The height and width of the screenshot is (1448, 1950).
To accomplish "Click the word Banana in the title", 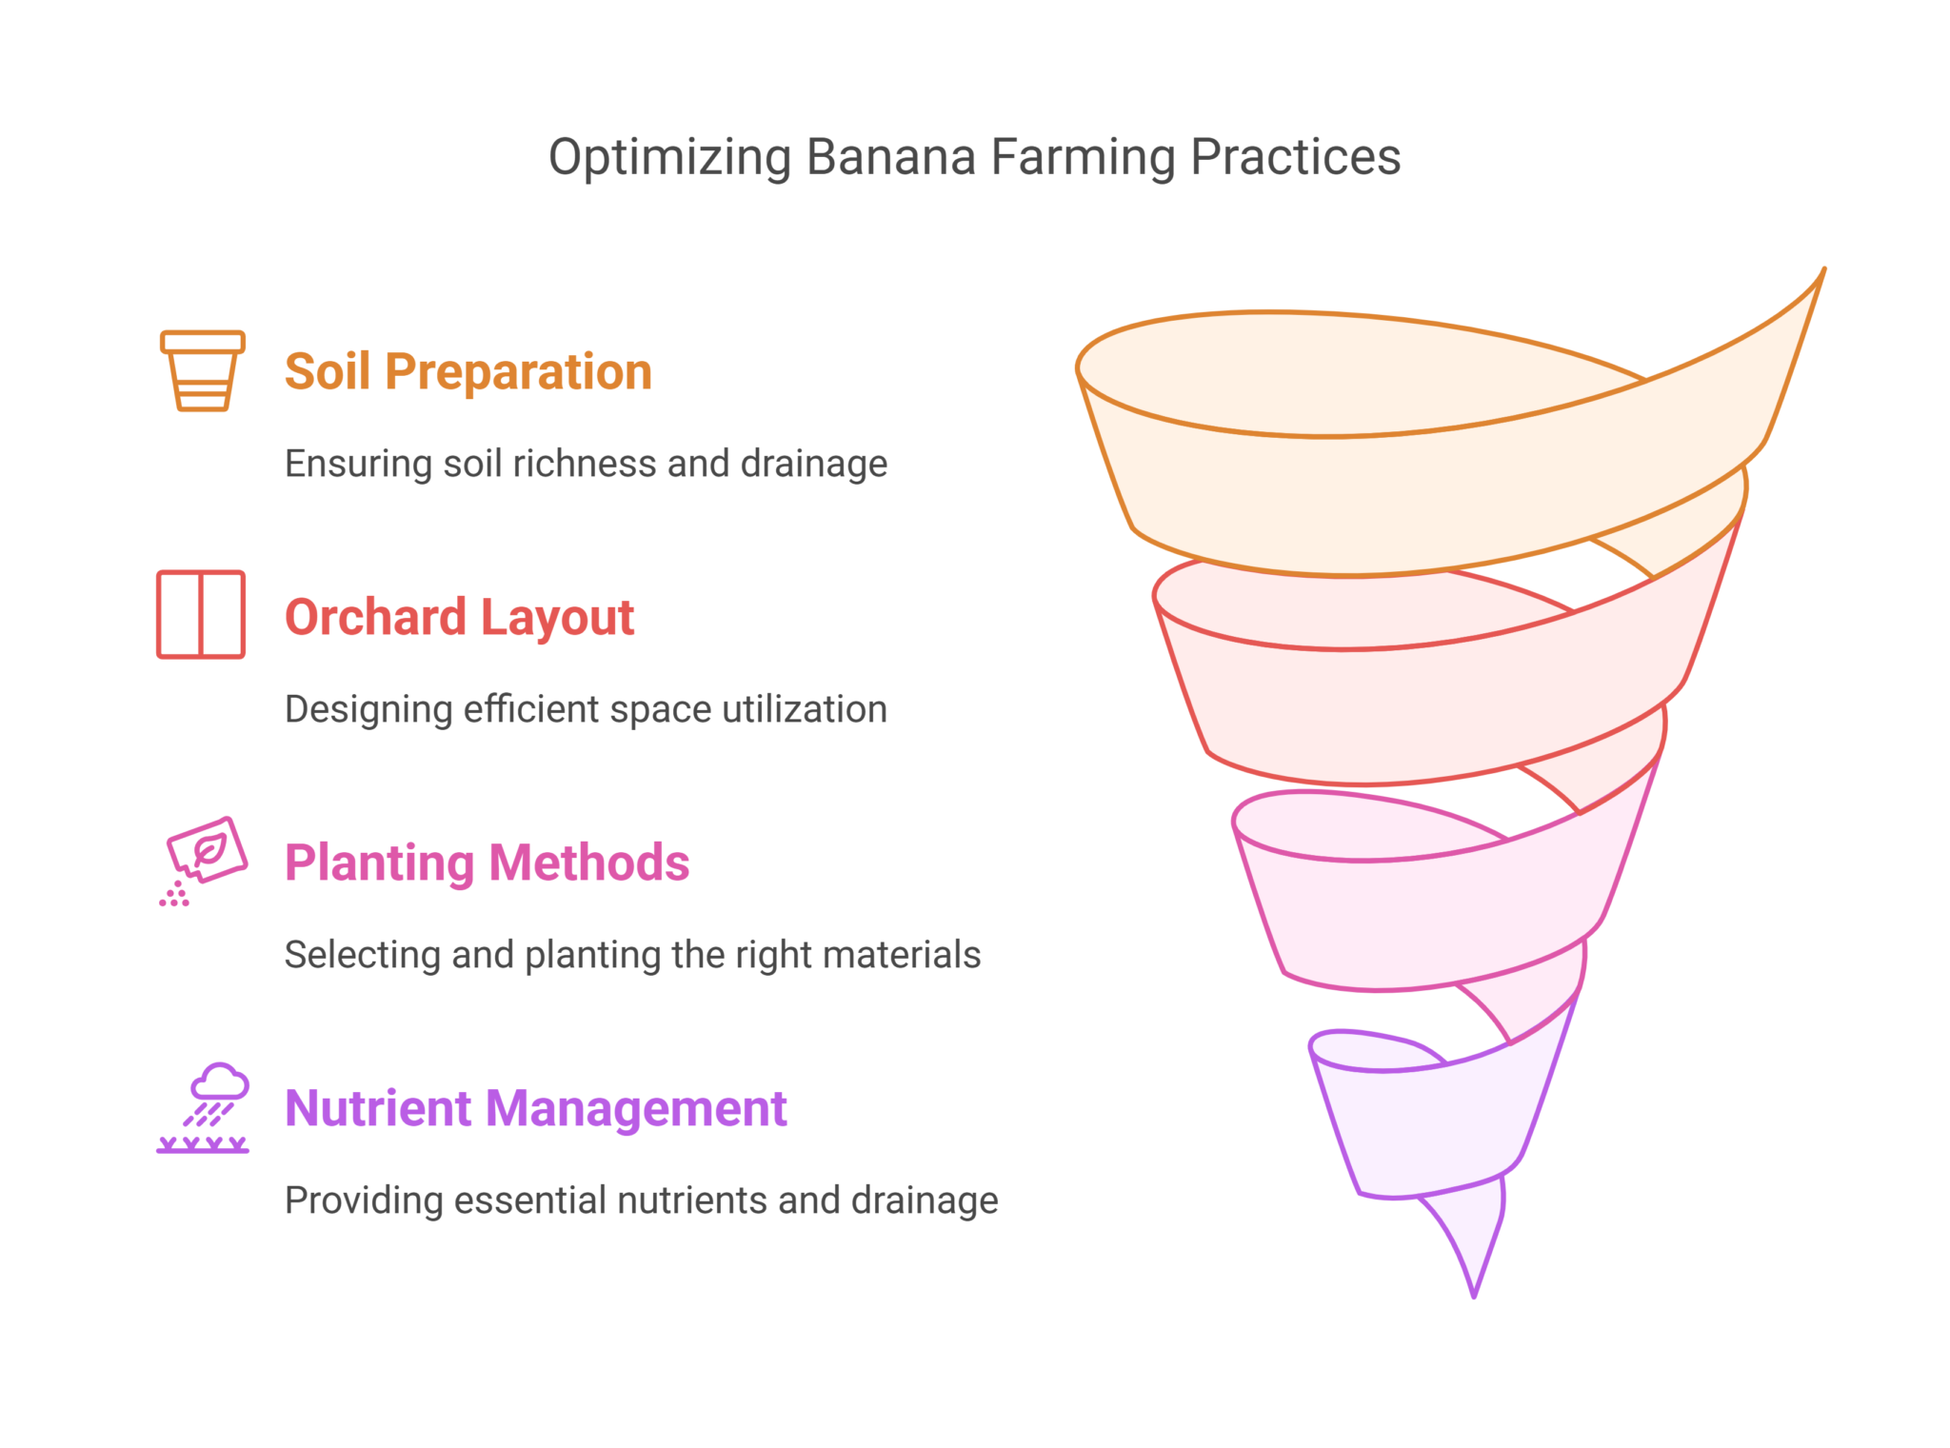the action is [890, 157].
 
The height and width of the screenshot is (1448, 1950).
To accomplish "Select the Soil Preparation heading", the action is [468, 371].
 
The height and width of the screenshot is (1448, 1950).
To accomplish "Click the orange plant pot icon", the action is [203, 370].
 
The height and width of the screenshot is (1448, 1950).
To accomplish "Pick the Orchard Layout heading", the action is [459, 617].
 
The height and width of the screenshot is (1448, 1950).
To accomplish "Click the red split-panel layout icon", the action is [201, 614].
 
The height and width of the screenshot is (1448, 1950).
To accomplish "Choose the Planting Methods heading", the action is [487, 863].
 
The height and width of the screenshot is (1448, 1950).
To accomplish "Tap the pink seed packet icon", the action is [203, 861].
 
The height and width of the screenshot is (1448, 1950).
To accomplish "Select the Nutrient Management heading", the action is [536, 1108].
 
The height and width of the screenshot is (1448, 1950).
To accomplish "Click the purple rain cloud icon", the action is [203, 1108].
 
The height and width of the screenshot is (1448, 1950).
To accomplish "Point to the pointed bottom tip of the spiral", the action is [1474, 1297].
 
